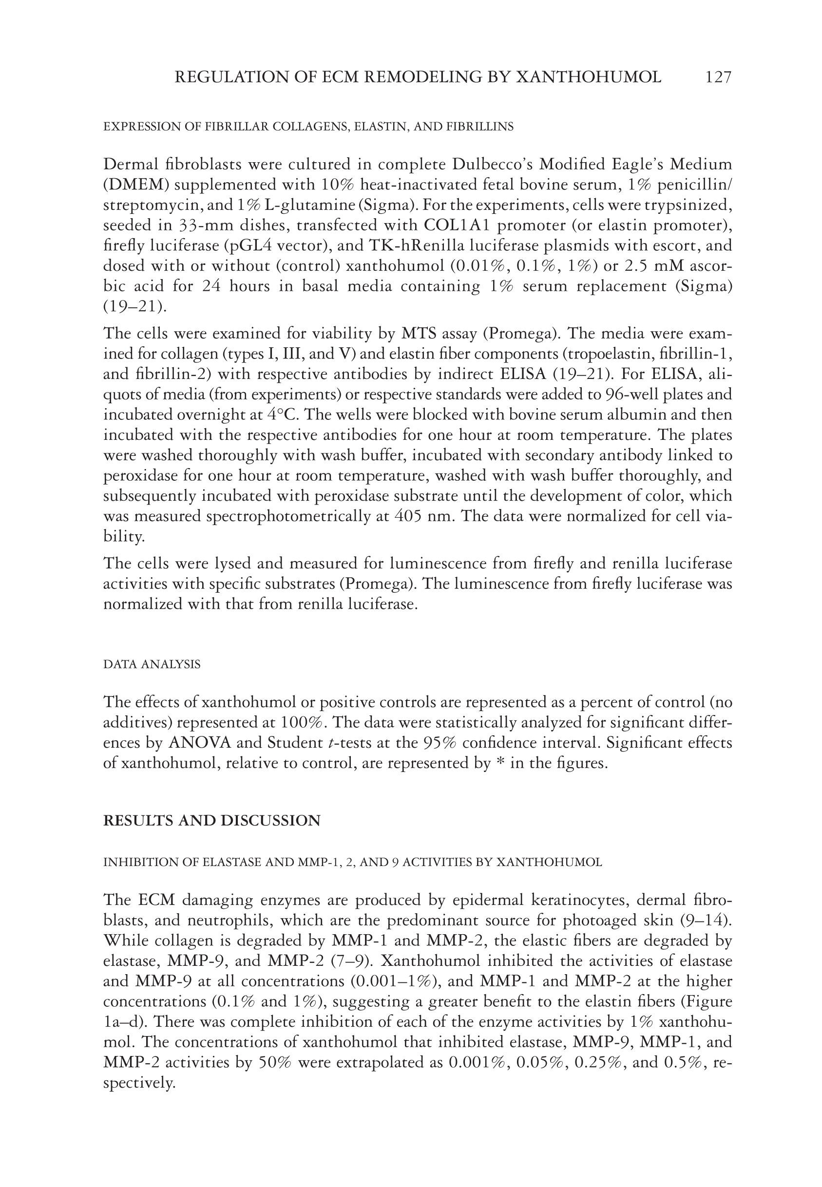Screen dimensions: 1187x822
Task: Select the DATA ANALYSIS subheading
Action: coord(152,664)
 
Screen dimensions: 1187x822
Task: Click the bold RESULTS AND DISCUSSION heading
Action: coord(211,821)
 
